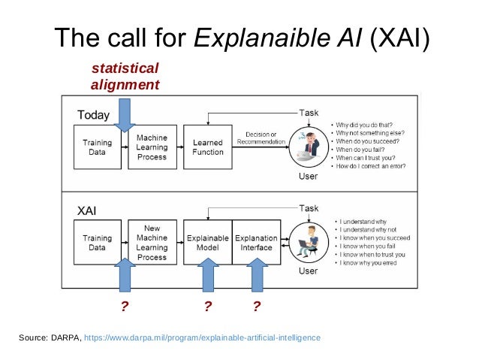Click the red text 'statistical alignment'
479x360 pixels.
click(125, 77)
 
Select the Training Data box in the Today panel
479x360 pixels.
click(97, 147)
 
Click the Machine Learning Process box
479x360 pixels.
click(152, 147)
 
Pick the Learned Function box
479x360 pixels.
click(208, 147)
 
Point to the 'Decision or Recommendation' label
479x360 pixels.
click(261, 138)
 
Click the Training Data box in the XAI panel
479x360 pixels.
click(97, 242)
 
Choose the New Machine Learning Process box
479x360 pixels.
click(152, 242)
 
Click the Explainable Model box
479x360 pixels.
click(207, 242)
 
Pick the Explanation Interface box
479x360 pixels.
click(257, 242)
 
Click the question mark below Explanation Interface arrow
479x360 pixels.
click(257, 307)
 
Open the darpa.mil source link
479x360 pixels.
click(202, 337)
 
